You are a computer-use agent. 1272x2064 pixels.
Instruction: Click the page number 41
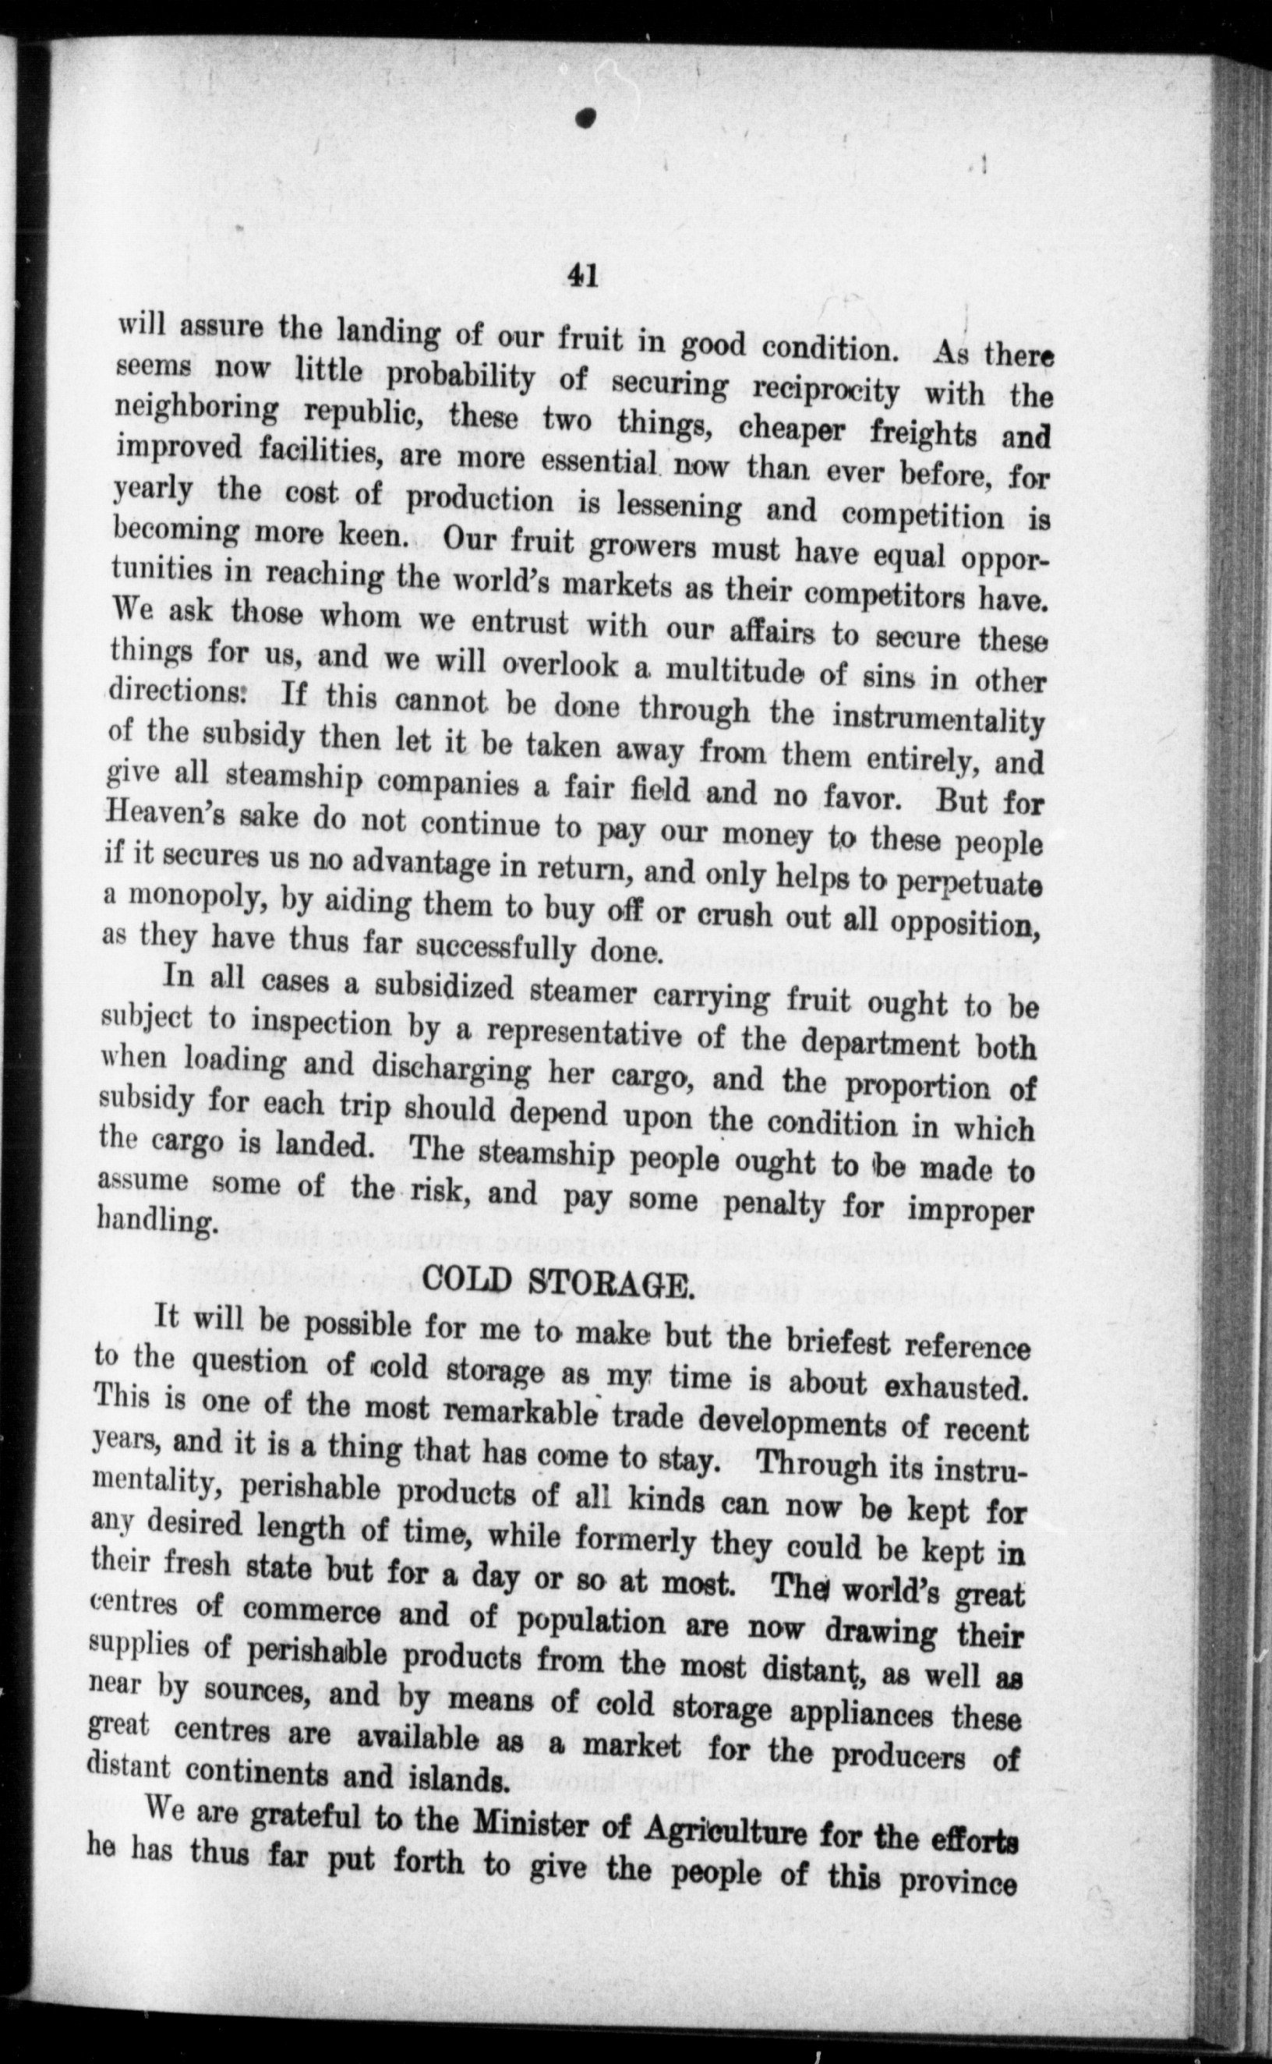[582, 275]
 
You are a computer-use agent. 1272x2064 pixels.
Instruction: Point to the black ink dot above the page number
[586, 118]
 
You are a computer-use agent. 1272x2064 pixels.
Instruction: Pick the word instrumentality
[938, 721]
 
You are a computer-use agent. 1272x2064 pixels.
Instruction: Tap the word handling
[154, 1220]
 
